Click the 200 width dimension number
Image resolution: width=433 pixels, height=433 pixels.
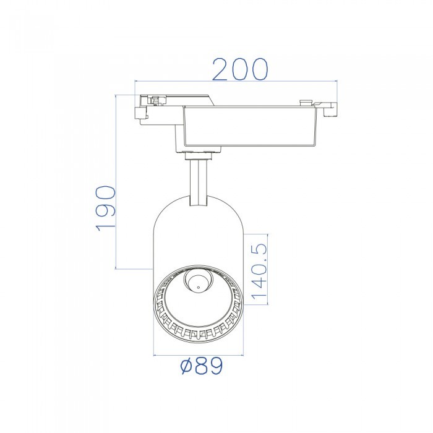240,69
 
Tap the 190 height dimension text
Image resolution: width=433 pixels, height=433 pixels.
106,207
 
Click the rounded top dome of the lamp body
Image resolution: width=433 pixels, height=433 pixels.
198,207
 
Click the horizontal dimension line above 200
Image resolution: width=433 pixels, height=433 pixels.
235,80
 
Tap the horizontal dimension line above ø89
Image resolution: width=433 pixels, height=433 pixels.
198,356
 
